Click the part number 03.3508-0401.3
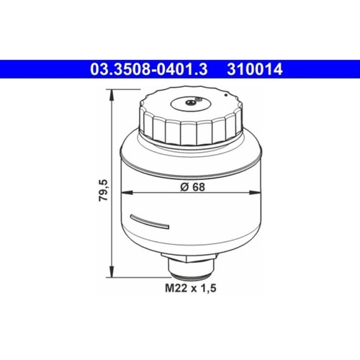point(149,69)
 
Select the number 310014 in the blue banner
point(255,69)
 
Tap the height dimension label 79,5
point(104,190)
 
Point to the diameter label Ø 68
point(192,186)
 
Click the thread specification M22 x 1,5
point(191,288)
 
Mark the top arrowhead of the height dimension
point(112,95)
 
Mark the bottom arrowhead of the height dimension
point(112,271)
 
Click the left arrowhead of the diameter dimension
point(127,192)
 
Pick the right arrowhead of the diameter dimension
point(255,192)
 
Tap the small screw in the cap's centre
point(189,102)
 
